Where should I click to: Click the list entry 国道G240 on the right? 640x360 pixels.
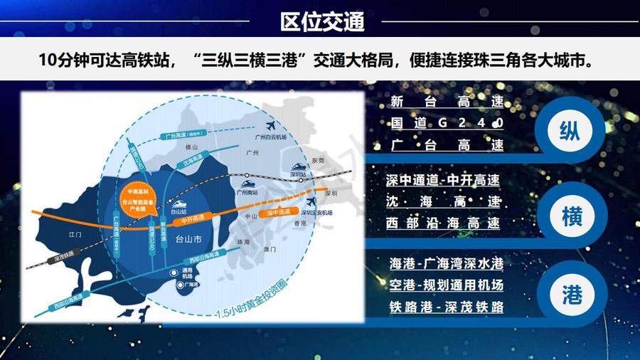coord(447,122)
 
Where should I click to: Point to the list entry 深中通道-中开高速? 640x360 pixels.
coord(443,181)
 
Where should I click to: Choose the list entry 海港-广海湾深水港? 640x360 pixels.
coord(446,264)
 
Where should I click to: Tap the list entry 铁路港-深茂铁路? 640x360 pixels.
coord(446,307)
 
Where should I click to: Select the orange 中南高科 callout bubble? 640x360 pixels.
coord(137,201)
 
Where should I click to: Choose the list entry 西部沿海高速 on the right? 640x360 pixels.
coord(443,223)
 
